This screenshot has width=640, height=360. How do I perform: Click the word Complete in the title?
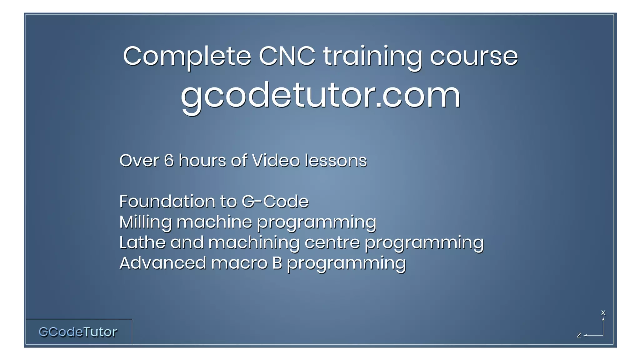coord(187,56)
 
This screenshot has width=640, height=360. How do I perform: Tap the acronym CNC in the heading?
coord(287,56)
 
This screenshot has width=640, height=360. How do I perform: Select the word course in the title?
coord(474,56)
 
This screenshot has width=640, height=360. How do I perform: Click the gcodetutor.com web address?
coord(321,95)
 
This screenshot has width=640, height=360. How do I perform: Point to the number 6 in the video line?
coord(168,161)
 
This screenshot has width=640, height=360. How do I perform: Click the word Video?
coord(276,161)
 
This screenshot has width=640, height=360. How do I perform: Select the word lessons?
coord(336,161)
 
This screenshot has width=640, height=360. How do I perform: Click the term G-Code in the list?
coord(275,202)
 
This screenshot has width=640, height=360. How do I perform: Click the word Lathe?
coord(142,242)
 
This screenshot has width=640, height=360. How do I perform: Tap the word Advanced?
coord(162,263)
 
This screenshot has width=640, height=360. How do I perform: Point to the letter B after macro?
coord(277,263)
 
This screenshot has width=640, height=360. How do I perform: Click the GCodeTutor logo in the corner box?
coord(78,332)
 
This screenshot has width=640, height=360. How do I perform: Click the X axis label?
coord(603,313)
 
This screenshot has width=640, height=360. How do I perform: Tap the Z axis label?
coord(579,335)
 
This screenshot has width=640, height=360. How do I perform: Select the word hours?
coord(202,161)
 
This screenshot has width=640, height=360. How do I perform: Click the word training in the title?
coord(372,56)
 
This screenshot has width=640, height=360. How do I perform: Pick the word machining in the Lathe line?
coord(254,242)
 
